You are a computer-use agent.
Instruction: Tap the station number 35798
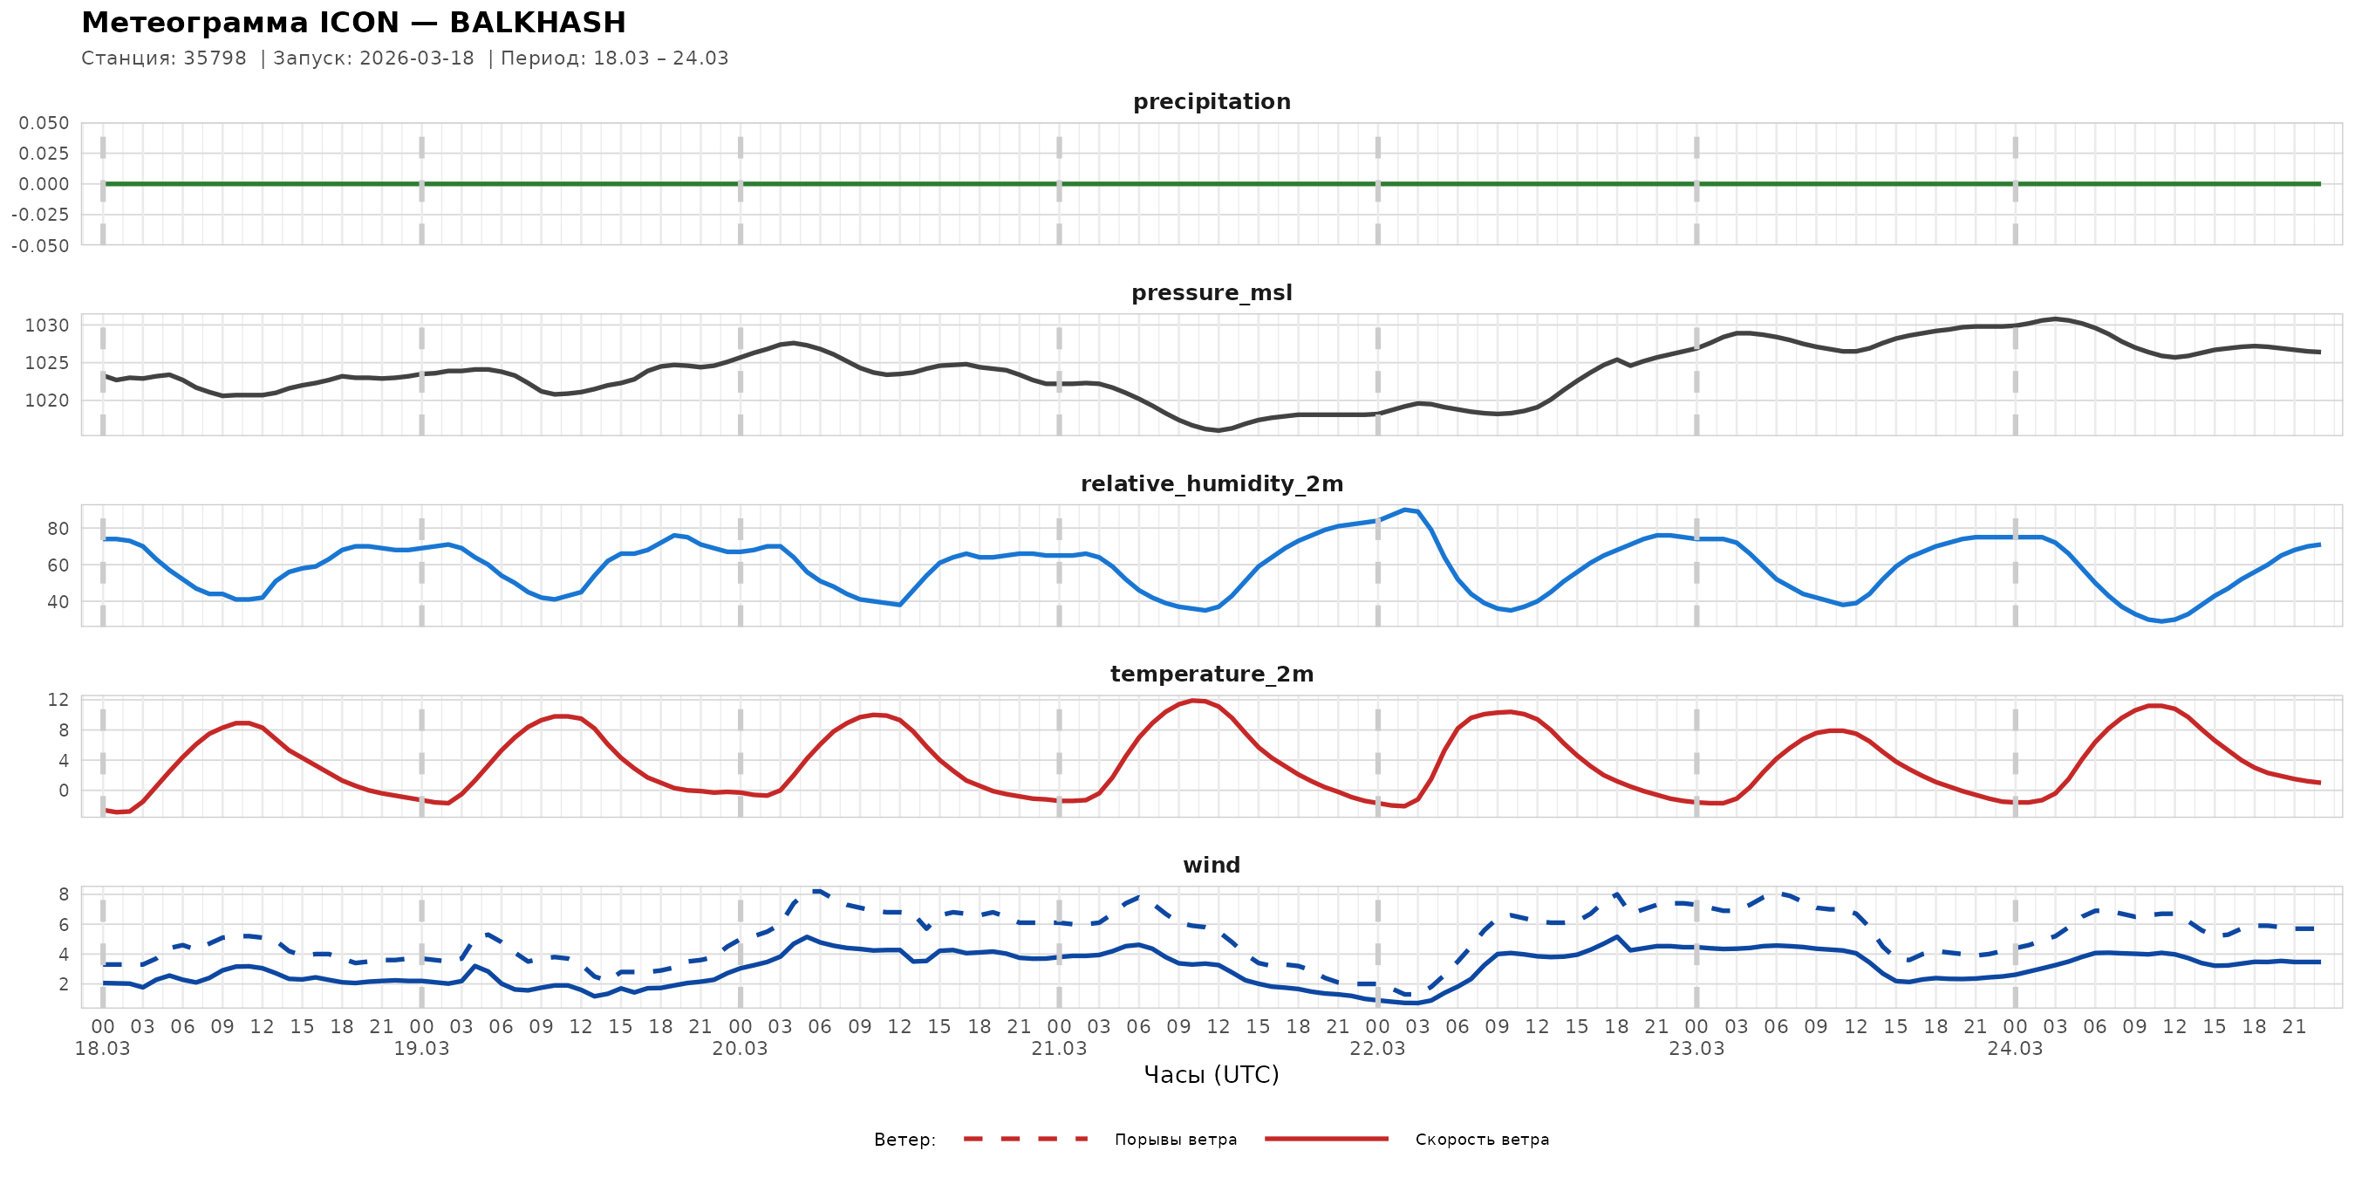pyautogui.click(x=215, y=58)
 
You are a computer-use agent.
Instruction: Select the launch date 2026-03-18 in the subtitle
pyautogui.click(x=417, y=58)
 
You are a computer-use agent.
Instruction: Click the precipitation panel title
pyautogui.click(x=1212, y=101)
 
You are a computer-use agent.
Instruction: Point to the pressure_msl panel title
pyautogui.click(x=1212, y=292)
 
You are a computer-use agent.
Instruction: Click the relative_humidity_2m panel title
pyautogui.click(x=1212, y=483)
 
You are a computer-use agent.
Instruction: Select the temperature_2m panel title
pyautogui.click(x=1212, y=674)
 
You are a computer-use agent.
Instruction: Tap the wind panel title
pyautogui.click(x=1212, y=866)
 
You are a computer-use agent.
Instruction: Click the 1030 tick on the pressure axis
pyautogui.click(x=46, y=325)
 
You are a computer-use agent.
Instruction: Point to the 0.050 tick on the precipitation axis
pyautogui.click(x=44, y=123)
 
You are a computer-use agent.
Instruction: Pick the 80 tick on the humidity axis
pyautogui.click(x=58, y=529)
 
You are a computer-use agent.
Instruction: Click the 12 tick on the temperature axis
pyautogui.click(x=58, y=701)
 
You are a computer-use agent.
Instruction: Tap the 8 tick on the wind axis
pyautogui.click(x=63, y=894)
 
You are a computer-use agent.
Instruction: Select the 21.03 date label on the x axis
pyautogui.click(x=1059, y=1049)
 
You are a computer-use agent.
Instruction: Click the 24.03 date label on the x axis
pyautogui.click(x=2015, y=1049)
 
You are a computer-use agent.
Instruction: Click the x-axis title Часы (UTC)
pyautogui.click(x=1212, y=1076)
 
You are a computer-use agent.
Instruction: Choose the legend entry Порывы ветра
pyautogui.click(x=1175, y=1140)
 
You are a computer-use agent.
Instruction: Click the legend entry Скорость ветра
pyautogui.click(x=1481, y=1140)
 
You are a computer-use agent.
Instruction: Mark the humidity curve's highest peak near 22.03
pyautogui.click(x=1405, y=510)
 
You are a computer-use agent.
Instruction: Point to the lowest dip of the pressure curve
pyautogui.click(x=1218, y=430)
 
